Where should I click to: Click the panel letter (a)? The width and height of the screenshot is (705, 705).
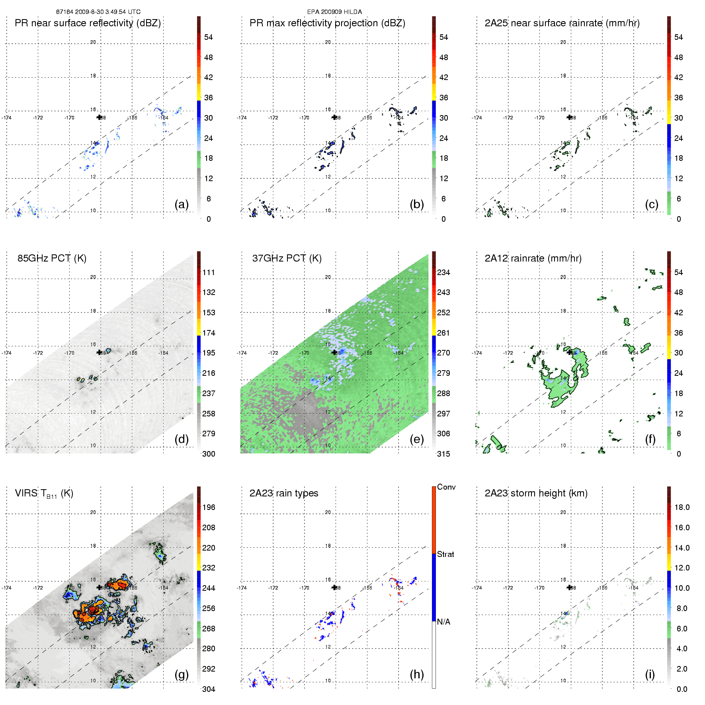click(x=181, y=204)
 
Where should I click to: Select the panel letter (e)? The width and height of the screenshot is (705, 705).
click(x=416, y=439)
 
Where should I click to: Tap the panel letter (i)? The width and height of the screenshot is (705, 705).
click(x=650, y=674)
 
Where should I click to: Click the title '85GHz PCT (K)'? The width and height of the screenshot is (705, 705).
click(x=52, y=258)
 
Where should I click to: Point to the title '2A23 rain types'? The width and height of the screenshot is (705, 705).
click(x=283, y=493)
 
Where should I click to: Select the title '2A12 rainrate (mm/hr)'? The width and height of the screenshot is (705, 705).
click(x=533, y=258)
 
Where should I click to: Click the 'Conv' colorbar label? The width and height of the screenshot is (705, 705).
click(x=446, y=487)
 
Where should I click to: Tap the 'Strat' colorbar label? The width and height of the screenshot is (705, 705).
click(x=445, y=554)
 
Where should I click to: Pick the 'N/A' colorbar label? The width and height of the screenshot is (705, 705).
click(x=443, y=622)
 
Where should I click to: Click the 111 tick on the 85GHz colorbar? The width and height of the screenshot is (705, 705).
click(x=209, y=272)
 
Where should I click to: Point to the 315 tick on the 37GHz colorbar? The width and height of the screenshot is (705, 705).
click(x=443, y=454)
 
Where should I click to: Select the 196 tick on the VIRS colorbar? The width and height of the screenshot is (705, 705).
click(x=209, y=507)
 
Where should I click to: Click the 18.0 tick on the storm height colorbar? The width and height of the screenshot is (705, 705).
click(x=682, y=507)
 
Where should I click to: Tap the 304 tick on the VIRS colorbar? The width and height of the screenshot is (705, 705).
click(x=209, y=689)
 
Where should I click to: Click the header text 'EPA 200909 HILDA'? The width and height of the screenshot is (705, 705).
click(x=334, y=12)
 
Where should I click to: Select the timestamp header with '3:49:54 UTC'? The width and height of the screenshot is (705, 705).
click(x=98, y=12)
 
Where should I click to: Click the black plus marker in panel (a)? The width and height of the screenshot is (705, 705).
click(x=99, y=117)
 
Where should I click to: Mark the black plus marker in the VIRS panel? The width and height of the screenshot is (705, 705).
click(x=99, y=587)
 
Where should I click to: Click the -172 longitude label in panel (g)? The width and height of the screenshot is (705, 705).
click(x=38, y=588)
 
